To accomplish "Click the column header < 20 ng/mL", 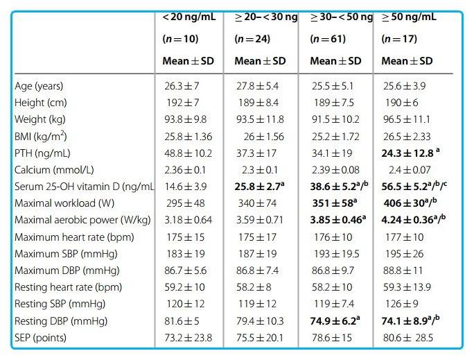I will (189, 17).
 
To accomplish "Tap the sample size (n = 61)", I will (328, 39).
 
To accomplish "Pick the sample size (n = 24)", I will (252, 39).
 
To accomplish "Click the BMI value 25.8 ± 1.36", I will (188, 137).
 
